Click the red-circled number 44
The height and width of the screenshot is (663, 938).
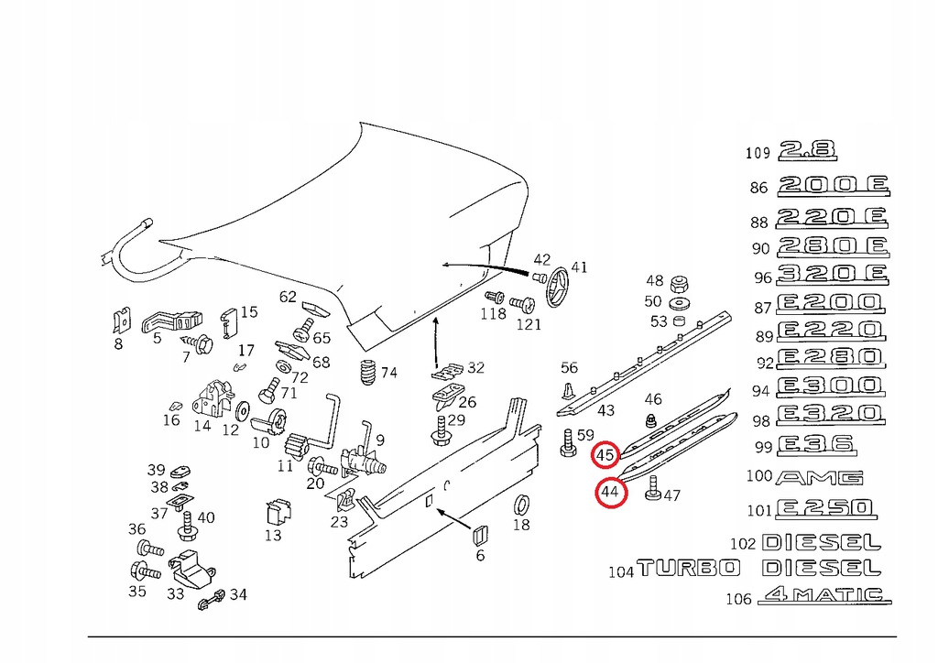click(x=611, y=493)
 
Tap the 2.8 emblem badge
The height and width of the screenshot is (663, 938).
click(x=807, y=151)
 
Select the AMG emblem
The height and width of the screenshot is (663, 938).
click(x=819, y=477)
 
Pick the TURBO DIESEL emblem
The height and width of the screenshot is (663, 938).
click(x=759, y=569)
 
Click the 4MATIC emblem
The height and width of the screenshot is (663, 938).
click(x=823, y=595)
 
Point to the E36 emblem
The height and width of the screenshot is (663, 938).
click(x=814, y=445)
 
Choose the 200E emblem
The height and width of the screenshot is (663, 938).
click(x=833, y=187)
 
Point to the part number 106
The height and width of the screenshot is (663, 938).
click(x=737, y=599)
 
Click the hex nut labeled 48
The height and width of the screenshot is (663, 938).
click(x=679, y=282)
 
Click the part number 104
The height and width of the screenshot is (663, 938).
click(x=620, y=571)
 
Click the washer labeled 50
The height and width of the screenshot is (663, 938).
click(x=679, y=302)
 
